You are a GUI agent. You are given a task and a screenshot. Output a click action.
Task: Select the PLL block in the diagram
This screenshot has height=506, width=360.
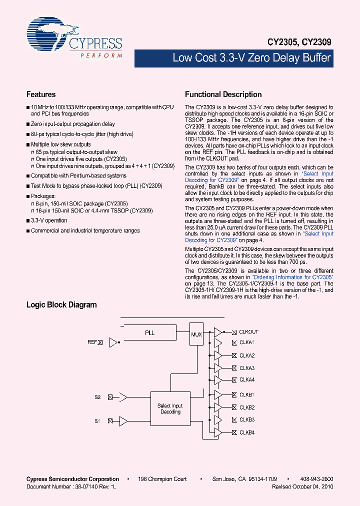pos(149,333)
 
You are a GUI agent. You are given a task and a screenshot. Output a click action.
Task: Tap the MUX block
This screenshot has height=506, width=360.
pos(196,334)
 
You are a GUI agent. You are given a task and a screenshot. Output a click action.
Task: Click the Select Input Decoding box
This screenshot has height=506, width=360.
pos(170,409)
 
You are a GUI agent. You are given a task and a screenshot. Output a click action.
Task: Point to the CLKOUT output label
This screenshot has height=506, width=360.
pos(248,332)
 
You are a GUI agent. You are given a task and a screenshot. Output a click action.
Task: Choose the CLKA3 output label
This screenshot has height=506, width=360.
pos(247,368)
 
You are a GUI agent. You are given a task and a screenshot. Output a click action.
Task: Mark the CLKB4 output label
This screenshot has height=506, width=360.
pos(247,432)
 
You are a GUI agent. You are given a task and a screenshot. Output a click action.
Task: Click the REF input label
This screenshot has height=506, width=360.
pos(92,342)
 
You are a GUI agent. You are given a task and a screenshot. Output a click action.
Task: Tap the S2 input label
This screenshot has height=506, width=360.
pos(98,397)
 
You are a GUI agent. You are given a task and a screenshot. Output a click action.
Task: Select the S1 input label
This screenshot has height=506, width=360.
pos(98,421)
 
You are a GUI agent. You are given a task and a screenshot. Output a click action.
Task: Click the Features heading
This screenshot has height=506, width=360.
pos(41,94)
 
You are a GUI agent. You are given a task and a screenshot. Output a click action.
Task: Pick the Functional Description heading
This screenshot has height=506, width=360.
pos(223,94)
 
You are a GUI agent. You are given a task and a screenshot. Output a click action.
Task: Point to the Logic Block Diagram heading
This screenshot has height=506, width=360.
pos(61,304)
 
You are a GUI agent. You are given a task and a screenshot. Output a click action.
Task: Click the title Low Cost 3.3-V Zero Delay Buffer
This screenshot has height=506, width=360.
pos(251,58)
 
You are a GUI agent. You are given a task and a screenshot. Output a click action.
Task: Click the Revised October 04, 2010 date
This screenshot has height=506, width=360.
pos(302,486)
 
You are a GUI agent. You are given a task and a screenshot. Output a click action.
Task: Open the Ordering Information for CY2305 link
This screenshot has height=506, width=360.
pos(292,277)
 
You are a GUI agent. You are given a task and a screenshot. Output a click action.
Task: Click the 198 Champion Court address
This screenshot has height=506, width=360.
pos(162,479)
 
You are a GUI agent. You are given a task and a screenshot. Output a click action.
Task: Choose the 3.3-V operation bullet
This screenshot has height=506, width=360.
pos(49,220)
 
